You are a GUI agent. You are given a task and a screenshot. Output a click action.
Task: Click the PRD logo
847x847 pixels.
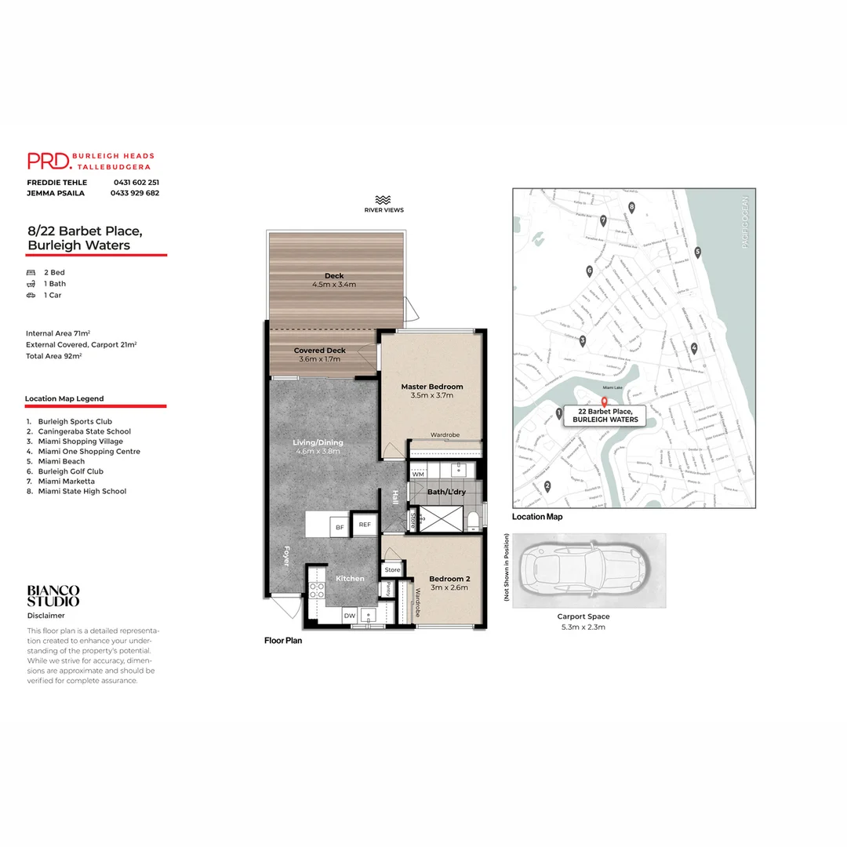coord(49,161)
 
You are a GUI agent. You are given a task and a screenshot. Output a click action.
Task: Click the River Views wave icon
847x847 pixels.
coord(384,200)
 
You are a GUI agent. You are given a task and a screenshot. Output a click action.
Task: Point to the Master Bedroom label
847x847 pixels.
coord(431,387)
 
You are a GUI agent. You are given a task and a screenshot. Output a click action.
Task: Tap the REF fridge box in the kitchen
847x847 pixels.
coord(365,525)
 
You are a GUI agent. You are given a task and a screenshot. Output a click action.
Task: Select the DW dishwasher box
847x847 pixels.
coord(349,616)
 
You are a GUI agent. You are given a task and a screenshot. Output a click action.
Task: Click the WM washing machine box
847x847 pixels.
coord(418,474)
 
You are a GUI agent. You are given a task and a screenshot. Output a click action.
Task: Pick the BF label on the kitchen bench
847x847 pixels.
coord(340,527)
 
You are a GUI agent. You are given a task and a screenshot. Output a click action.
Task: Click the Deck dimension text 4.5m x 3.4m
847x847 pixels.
coord(334,284)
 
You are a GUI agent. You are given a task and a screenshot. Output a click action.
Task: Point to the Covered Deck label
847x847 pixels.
coord(319,351)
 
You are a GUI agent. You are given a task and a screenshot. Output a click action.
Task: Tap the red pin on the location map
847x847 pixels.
coord(603,402)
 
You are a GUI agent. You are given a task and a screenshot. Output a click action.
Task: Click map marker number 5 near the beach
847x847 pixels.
coord(697,253)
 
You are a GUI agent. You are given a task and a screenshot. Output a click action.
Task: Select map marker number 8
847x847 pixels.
coord(631,207)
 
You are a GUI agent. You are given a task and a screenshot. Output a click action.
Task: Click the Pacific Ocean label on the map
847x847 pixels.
coord(746,224)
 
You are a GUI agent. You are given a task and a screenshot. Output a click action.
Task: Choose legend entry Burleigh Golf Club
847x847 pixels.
coord(71,471)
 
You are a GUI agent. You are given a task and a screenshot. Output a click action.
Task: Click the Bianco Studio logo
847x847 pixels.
coord(53,595)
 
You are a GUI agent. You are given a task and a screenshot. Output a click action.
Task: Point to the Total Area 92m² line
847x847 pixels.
coord(54,355)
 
